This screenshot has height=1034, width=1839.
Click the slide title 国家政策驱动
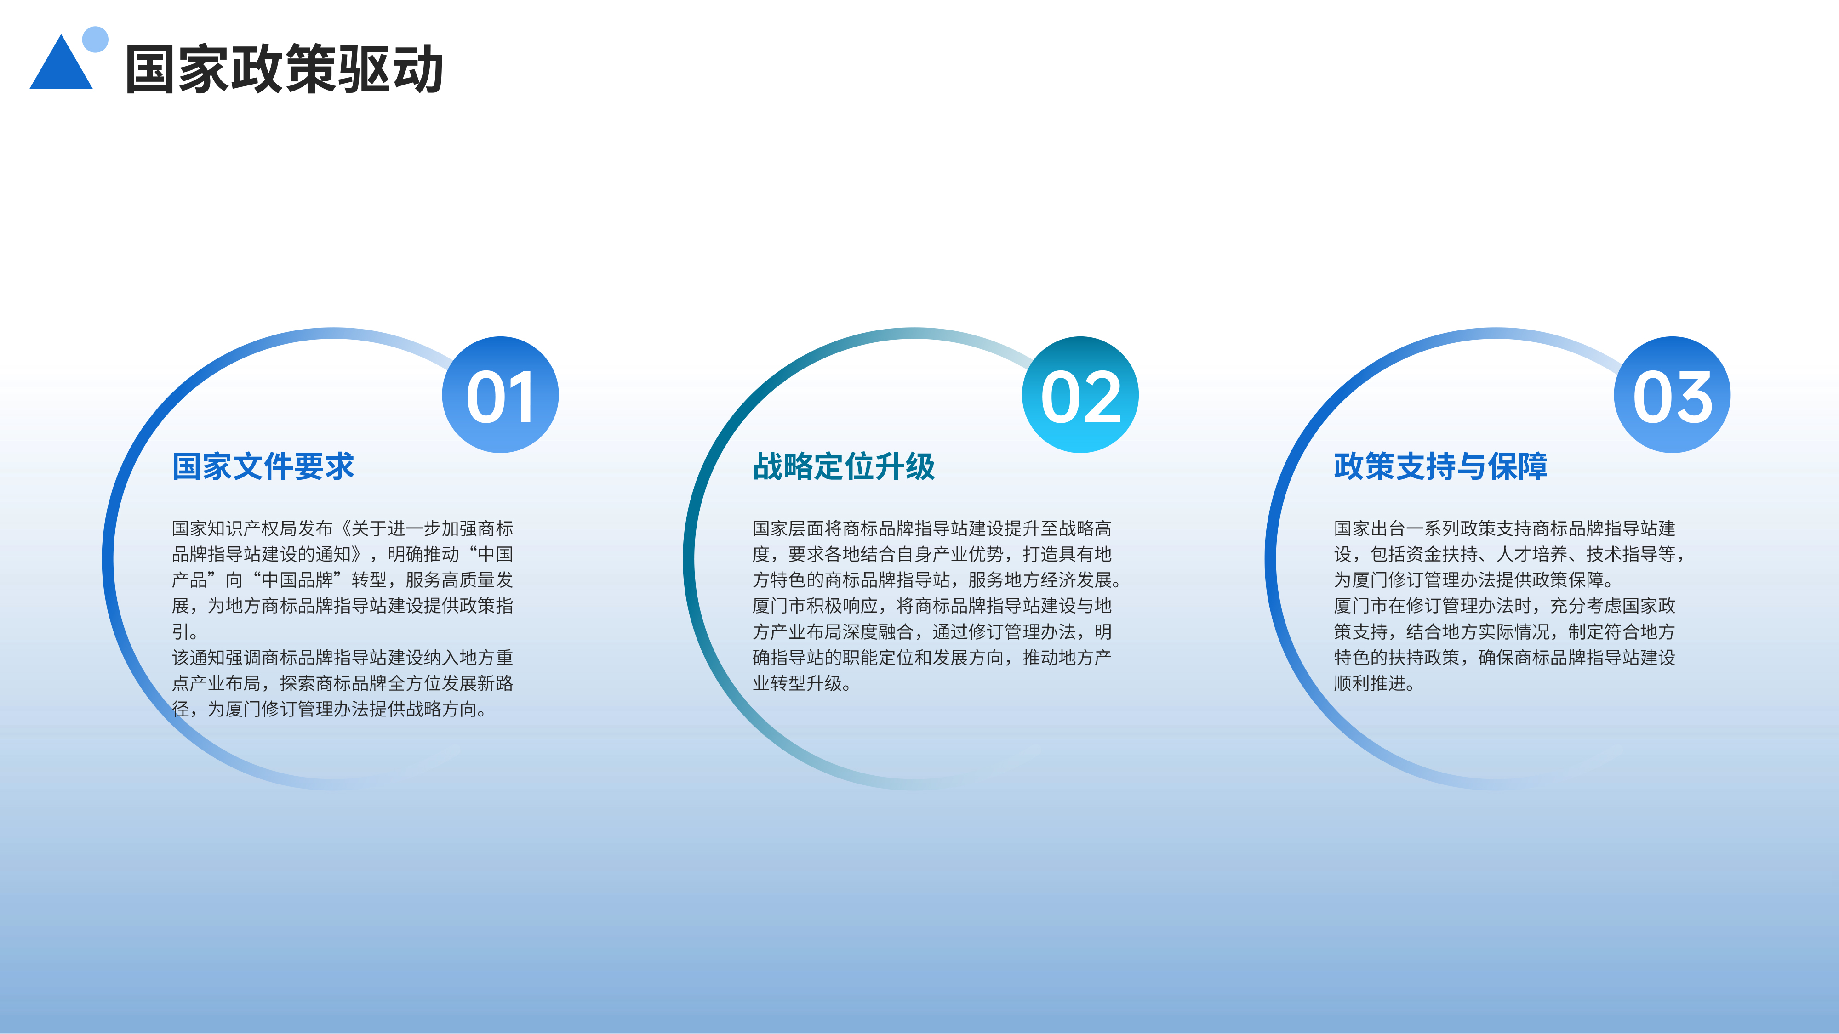pos(284,69)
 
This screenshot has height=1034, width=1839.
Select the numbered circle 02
pos(1080,395)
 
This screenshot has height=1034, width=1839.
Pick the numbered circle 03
pos(1672,395)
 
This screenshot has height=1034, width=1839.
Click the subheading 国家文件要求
pos(263,467)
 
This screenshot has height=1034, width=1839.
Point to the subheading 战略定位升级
pos(844,467)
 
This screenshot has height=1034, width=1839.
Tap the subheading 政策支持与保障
pos(1441,467)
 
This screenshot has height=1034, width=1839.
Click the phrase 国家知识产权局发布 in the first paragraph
pos(253,529)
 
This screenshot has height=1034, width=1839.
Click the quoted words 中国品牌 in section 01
pos(298,580)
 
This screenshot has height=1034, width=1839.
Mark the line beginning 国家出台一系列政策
pos(1505,529)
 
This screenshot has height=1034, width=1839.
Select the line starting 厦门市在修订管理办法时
pos(1505,606)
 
